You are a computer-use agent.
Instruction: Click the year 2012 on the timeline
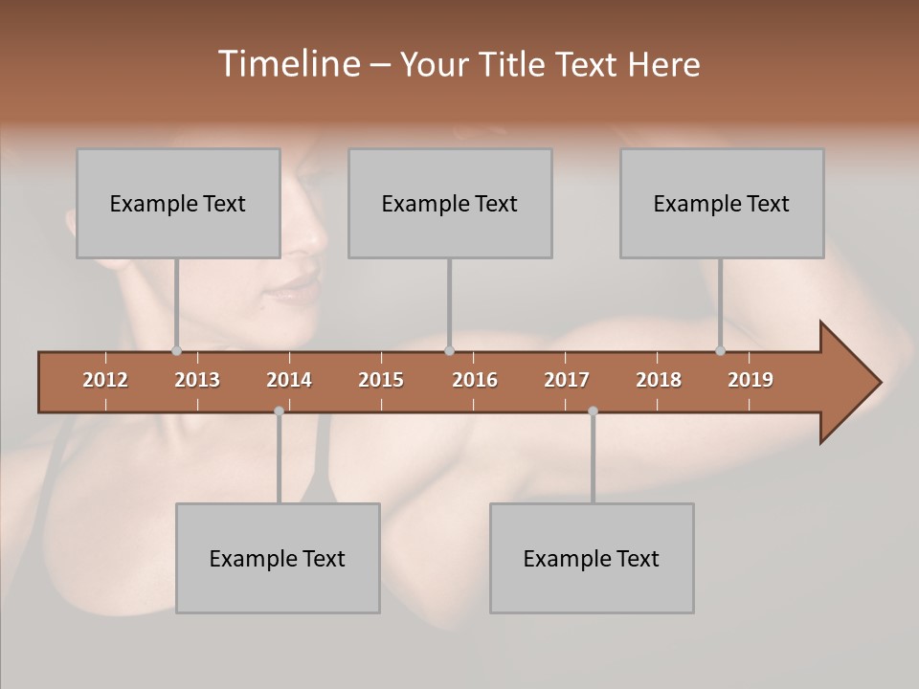coord(105,380)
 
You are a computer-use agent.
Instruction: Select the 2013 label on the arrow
coord(197,380)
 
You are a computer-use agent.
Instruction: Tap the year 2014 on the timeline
coord(289,380)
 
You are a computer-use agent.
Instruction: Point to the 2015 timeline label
coord(381,380)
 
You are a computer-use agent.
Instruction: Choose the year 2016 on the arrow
coord(475,380)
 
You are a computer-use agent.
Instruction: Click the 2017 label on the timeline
coord(567,380)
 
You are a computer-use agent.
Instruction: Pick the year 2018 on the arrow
coord(659,380)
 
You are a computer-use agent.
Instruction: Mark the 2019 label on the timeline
coord(751,380)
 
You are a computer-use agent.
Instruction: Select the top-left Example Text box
coord(178,203)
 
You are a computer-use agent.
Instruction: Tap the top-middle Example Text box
coord(450,203)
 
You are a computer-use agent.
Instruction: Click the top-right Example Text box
coord(722,203)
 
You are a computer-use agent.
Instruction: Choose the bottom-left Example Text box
coord(278,558)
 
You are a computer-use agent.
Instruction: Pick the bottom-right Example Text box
coord(592,558)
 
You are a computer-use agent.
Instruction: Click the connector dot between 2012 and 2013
coord(176,350)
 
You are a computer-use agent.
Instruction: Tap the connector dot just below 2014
coord(279,411)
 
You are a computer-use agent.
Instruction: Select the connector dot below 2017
coord(593,411)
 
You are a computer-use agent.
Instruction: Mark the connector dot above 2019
coord(721,350)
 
